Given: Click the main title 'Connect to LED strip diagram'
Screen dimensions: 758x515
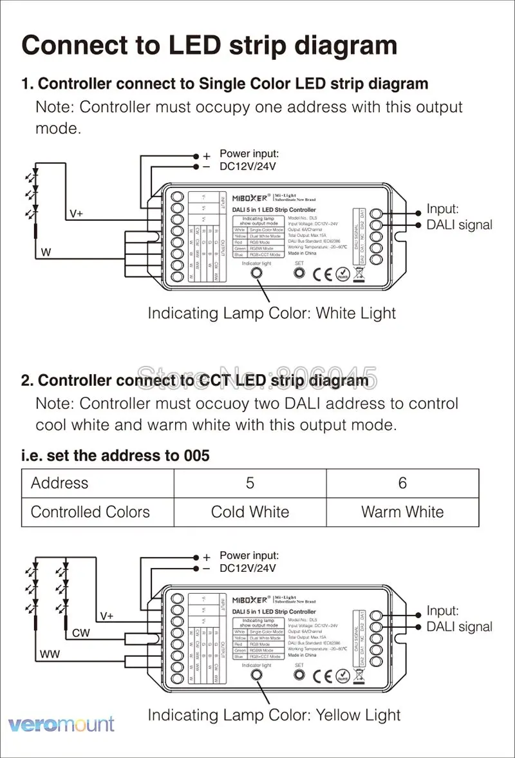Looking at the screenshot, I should click(209, 46).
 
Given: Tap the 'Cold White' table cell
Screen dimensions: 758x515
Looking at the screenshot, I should click(250, 512).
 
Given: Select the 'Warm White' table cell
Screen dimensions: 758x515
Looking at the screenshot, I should click(402, 512).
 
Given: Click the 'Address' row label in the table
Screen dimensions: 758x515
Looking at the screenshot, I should click(60, 483).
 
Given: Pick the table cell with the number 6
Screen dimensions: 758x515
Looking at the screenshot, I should click(402, 483).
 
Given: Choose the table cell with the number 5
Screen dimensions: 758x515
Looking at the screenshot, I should click(250, 483).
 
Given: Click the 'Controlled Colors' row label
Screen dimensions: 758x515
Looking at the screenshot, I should click(90, 512).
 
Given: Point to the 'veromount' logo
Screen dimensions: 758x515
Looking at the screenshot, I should click(62, 724).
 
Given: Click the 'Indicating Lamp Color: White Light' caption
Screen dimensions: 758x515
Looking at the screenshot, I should click(272, 314).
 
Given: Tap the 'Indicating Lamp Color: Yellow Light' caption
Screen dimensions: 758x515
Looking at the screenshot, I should click(274, 715).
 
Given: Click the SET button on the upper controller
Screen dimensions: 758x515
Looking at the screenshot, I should click(299, 273).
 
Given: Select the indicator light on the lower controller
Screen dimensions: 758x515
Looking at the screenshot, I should click(257, 675).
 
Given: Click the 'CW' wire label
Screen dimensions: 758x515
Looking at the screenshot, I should click(81, 633).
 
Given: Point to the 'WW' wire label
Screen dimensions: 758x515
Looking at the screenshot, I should click(50, 654).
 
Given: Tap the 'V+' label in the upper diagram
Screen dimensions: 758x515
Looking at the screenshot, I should click(76, 214).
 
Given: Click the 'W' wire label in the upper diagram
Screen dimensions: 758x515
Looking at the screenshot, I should click(46, 252).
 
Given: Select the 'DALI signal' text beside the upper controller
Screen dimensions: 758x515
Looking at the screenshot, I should click(459, 225).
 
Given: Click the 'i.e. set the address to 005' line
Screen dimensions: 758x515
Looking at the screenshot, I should click(115, 456).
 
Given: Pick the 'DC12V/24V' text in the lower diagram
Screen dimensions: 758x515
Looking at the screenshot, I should click(248, 568).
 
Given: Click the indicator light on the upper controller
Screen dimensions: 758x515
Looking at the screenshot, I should click(257, 273).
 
